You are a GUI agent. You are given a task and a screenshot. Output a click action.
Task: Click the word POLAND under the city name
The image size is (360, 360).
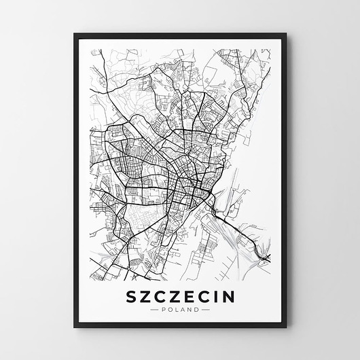coord(181,310)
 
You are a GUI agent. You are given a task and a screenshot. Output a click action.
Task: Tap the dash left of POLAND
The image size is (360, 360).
coord(154,310)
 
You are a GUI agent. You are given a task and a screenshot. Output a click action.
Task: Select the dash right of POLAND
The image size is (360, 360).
coord(206,310)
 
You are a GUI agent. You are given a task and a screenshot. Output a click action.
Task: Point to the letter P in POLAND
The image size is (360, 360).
coord(164,310)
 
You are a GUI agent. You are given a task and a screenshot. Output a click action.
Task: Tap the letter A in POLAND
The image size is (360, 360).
coord(183,310)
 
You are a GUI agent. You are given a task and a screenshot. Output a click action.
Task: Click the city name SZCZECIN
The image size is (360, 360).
coord(181,296)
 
